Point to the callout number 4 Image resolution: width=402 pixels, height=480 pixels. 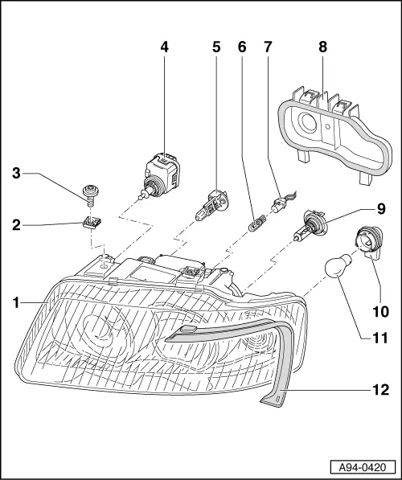click(164, 47)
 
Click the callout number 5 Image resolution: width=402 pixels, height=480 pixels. click(216, 47)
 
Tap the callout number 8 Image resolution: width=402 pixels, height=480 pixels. click(322, 47)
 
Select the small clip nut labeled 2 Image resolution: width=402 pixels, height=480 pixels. click(93, 221)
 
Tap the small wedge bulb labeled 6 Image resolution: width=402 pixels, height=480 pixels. click(256, 219)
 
